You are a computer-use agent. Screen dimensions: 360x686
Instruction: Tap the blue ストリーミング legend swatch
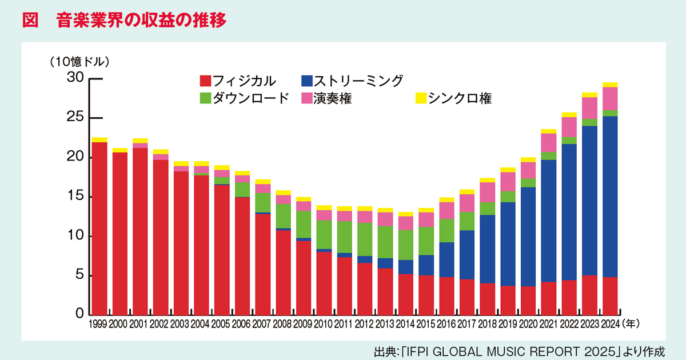click(x=306, y=81)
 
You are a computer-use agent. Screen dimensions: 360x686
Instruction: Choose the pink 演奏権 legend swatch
click(x=306, y=98)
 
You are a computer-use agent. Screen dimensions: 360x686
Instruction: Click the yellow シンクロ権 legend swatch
click(x=420, y=98)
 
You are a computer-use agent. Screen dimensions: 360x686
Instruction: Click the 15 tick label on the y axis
click(x=75, y=197)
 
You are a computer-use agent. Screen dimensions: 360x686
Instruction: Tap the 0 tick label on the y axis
click(x=80, y=315)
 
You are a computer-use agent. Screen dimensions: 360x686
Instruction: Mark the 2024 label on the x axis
click(x=610, y=324)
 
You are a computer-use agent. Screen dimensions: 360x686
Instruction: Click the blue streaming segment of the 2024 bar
click(x=610, y=194)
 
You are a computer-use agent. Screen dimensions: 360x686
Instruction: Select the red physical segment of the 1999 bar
click(x=99, y=229)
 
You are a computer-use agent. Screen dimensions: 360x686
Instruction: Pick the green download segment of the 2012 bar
click(x=365, y=239)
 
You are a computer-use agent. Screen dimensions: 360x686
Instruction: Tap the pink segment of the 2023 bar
click(x=589, y=107)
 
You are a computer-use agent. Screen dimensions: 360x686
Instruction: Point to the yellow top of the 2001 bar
click(x=140, y=141)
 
